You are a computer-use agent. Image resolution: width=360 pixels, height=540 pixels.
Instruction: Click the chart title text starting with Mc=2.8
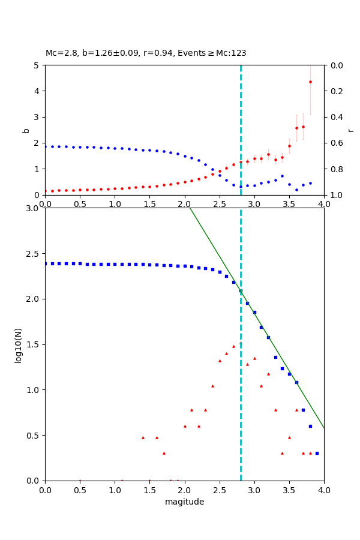click(146, 53)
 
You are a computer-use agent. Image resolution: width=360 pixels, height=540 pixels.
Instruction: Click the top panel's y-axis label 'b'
click(26, 130)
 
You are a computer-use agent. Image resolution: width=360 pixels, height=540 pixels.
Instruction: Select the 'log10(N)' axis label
click(18, 344)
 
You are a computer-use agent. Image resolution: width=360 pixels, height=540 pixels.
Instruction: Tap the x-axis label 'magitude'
click(184, 502)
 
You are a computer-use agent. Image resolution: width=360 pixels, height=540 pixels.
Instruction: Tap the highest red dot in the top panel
click(310, 82)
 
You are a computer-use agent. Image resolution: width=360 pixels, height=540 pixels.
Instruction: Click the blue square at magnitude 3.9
click(317, 453)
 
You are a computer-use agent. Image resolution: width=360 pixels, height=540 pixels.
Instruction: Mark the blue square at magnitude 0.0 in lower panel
click(45, 263)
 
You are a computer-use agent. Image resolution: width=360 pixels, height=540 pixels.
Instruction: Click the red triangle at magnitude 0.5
click(80, 480)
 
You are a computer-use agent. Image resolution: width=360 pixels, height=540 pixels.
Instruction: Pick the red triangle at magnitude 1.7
click(164, 453)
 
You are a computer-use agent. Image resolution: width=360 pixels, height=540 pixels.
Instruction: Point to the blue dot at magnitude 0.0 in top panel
click(45, 146)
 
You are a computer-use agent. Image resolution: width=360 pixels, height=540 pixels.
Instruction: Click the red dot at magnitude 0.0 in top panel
click(45, 191)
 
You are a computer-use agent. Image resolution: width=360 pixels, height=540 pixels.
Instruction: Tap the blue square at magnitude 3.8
click(310, 426)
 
